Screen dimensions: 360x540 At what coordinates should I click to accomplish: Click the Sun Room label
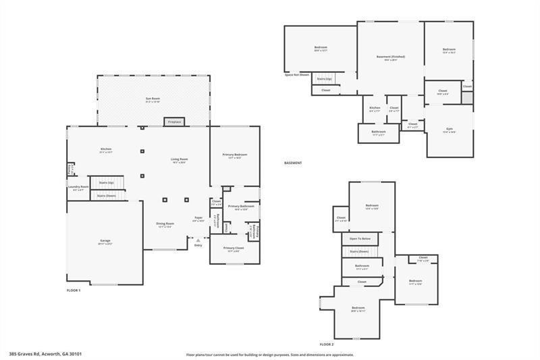[153, 99]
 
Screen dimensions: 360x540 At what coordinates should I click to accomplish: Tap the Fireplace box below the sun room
[173, 122]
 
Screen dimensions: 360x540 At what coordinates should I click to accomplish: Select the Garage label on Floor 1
[105, 241]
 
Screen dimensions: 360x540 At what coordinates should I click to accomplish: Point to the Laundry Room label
[78, 187]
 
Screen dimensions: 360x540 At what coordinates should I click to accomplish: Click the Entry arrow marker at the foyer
[197, 238]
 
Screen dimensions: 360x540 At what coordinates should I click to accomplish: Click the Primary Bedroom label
[235, 155]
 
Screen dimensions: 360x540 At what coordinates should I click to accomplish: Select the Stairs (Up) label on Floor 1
[106, 182]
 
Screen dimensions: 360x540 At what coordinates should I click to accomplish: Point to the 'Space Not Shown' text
[297, 74]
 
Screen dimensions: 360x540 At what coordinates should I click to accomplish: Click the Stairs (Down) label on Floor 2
[358, 251]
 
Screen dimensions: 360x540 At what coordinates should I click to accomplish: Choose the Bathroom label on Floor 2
[362, 266]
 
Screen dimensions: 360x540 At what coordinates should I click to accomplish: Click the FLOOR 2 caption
[327, 344]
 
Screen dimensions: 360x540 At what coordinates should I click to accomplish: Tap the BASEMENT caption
[292, 163]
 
